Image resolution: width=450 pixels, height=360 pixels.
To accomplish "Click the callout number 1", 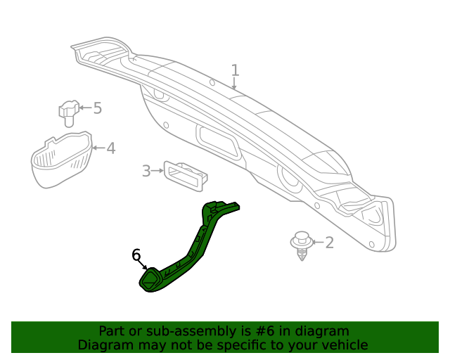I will tap(235, 70).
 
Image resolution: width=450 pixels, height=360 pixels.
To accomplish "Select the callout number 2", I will tap(329, 243).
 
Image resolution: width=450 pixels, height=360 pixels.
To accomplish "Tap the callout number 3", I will tap(146, 171).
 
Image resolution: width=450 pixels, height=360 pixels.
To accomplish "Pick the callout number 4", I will tap(110, 148).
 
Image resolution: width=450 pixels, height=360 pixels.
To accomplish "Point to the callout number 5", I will tap(97, 108).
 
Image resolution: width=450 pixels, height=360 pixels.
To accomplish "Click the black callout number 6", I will tap(136, 255).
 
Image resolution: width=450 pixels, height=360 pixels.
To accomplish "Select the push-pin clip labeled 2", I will tap(302, 244).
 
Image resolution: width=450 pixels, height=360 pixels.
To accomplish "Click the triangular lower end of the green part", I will tap(151, 280).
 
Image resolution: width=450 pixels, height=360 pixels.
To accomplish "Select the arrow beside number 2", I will tap(317, 243).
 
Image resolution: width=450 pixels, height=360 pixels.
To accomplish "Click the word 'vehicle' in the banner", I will tap(345, 345).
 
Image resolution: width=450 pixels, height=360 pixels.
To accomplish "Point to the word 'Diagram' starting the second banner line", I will tap(103, 345).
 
